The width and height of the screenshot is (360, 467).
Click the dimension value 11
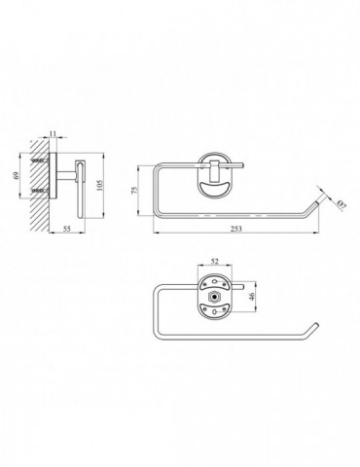point(54,133)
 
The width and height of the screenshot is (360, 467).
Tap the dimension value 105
point(100,185)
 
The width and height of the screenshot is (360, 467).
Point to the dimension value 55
point(66,229)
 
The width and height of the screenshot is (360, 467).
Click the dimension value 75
point(135,190)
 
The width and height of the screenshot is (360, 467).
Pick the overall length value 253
point(236,229)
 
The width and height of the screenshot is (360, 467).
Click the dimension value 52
point(215,262)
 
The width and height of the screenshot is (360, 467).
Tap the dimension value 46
point(252,296)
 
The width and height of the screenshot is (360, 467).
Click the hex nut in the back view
point(214,297)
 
